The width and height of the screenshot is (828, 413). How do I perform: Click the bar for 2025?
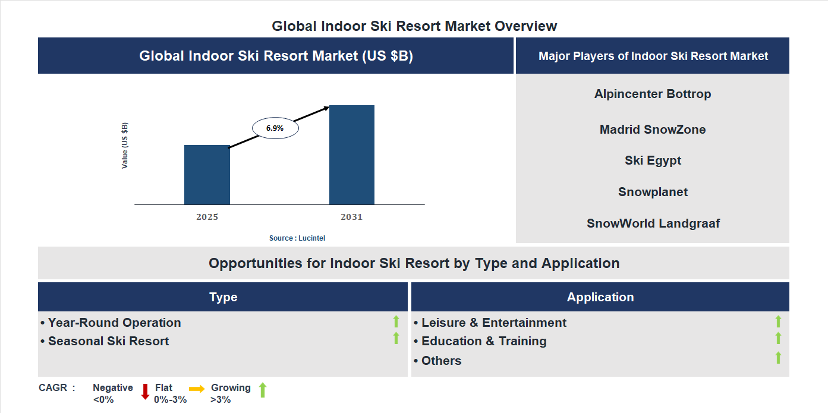coord(207,175)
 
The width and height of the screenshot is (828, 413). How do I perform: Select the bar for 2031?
coord(352,155)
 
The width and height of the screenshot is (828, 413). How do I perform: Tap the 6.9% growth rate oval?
coord(275,128)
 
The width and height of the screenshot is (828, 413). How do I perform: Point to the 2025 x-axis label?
coord(207,217)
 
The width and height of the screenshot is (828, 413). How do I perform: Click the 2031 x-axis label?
coord(351,217)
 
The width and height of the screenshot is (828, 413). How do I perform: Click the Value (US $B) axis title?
coord(125,146)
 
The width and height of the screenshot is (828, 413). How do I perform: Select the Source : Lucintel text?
coord(297,238)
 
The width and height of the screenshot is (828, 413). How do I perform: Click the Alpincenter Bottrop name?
coord(653,94)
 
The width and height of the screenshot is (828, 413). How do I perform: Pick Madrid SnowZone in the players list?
coord(653,130)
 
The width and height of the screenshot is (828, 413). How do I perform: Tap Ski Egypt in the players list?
coord(653,160)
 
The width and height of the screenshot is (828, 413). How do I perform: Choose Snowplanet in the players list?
coord(653,192)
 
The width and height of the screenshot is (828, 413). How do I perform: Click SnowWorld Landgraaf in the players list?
coord(653,223)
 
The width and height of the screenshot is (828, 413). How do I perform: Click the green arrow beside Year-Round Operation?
coord(396,322)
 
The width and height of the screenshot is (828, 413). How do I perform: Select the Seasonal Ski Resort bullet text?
coord(108,341)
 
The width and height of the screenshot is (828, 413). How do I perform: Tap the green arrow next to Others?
coord(778,358)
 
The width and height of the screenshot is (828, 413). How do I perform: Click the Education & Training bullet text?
coord(484,341)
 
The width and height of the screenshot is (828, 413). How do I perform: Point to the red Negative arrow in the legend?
coord(145,392)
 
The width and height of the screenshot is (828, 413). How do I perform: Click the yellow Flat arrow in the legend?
coord(197,389)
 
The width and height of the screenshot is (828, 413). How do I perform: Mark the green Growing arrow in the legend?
coord(263,390)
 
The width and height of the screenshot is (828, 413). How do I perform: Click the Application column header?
coord(600,297)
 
